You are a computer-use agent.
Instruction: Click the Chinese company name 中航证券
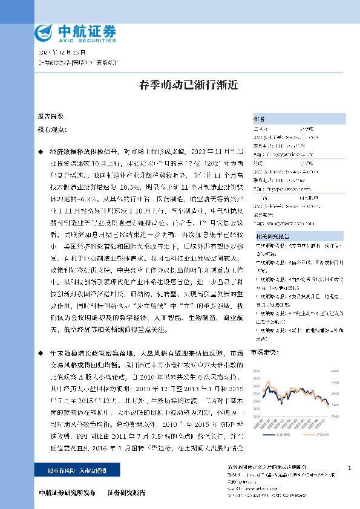click(85, 30)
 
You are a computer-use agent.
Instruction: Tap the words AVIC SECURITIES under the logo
click(85, 41)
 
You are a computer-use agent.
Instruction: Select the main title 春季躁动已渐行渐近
click(180, 85)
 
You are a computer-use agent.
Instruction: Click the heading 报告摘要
click(50, 115)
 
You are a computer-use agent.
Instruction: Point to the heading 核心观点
click(51, 129)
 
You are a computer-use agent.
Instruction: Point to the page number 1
click(350, 468)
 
